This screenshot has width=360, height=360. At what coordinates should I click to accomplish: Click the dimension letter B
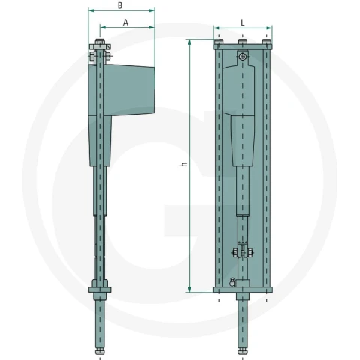point(120,5)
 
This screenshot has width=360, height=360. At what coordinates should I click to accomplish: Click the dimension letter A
point(125,22)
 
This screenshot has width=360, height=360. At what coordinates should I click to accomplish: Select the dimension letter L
point(243,22)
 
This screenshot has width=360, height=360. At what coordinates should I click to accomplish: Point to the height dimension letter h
point(184,164)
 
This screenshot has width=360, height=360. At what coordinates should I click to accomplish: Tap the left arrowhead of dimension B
point(91,10)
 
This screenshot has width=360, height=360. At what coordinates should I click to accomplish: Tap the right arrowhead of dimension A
point(151,27)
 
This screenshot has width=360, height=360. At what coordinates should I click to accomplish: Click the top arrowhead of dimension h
point(190,43)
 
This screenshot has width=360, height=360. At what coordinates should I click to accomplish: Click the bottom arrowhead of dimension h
point(190,289)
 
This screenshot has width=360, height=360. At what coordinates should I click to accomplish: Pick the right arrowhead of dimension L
point(269,28)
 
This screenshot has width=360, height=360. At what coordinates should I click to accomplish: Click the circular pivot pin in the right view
point(242,57)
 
